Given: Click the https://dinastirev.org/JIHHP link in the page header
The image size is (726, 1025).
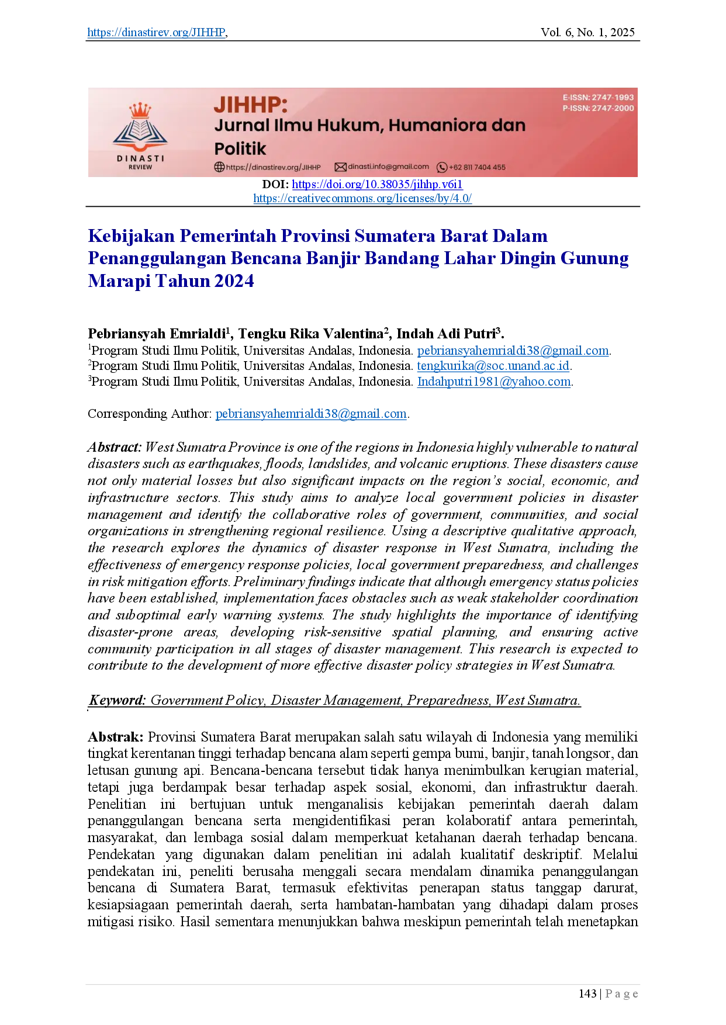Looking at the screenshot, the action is coord(156,32).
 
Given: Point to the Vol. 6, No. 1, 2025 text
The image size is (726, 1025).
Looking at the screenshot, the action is coord(587,32).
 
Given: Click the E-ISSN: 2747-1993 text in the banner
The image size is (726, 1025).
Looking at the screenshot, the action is coord(598,98).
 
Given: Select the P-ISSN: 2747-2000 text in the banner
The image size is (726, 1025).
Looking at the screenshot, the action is coord(598,108).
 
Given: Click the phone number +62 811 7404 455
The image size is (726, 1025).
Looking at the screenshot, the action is coord(477,167).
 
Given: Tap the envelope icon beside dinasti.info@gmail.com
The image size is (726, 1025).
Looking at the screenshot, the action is coord(340,167).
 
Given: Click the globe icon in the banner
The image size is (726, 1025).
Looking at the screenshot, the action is coord(219,167).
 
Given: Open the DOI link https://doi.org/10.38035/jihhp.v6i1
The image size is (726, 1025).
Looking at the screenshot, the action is coord(377,184).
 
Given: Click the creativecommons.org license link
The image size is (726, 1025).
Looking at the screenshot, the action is coord(362,198).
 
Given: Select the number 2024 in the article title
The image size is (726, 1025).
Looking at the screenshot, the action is coord(234,281).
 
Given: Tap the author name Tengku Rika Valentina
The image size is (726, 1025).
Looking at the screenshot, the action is coord(310,334).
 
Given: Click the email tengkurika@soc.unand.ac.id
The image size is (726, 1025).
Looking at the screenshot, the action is coord(493,366).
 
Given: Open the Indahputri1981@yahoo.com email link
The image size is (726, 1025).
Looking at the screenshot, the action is coord(494,382).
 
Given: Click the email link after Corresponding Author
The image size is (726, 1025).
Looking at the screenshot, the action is coord(311,414).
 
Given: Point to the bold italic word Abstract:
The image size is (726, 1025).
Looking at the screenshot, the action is coord(115,447).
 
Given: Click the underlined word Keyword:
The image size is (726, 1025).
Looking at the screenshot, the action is coord(117,700).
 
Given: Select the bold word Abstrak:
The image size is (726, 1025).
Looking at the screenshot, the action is coord(115,737).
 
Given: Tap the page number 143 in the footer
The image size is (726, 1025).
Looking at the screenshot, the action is coord(587,994).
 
